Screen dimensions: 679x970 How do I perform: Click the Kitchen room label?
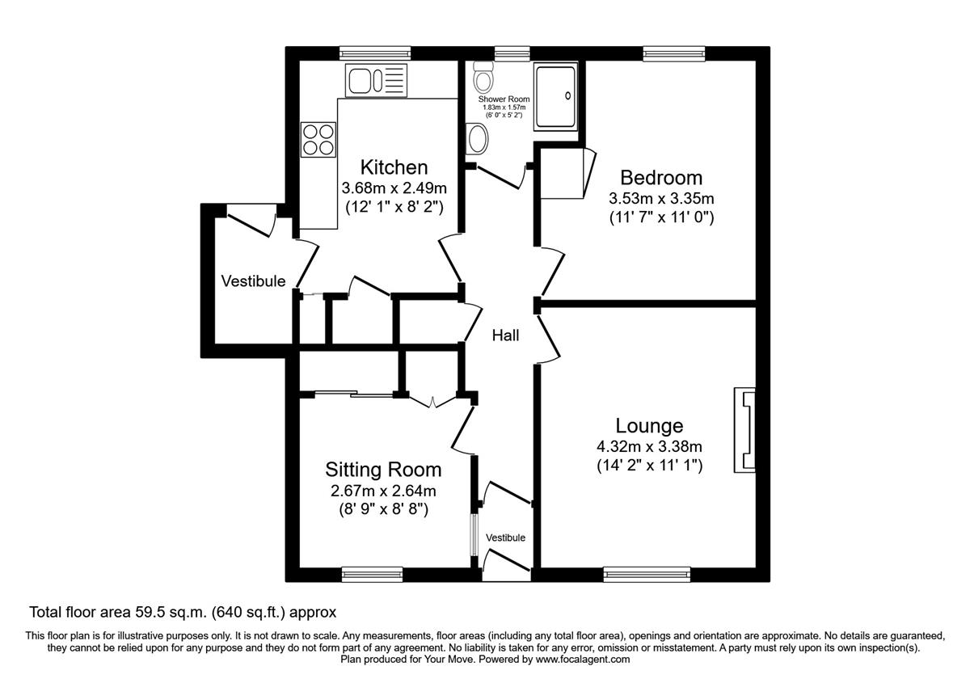click(393, 167)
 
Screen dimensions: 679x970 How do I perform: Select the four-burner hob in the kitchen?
click(318, 138)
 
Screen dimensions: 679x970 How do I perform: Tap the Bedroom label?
click(660, 178)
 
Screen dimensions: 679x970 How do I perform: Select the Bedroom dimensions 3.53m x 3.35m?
click(660, 198)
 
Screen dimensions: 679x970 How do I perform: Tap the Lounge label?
click(649, 425)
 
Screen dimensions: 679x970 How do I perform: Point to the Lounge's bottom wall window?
click(647, 574)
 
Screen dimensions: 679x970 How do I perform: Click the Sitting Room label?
click(383, 470)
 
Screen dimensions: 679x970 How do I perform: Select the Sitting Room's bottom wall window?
click(361, 574)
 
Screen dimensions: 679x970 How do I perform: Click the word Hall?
click(506, 335)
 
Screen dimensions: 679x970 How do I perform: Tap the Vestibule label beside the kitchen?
click(254, 281)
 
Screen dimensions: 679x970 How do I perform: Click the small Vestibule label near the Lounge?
click(505, 538)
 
